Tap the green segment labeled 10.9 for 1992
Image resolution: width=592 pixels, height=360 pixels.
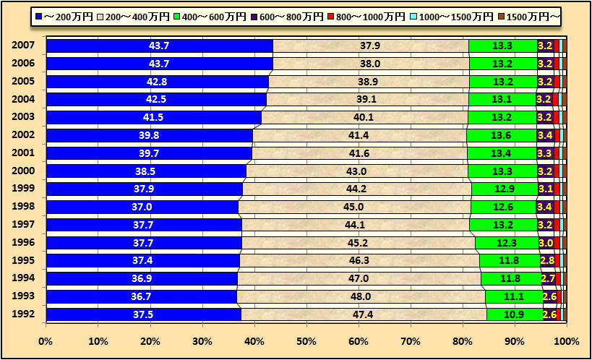pyautogui.click(x=514, y=314)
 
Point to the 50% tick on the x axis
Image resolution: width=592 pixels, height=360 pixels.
pyautogui.click(x=306, y=340)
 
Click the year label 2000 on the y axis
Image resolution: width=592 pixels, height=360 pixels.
pyautogui.click(x=22, y=171)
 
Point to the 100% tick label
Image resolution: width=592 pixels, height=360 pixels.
pyautogui.click(x=566, y=340)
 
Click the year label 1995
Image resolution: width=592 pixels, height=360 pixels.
pyautogui.click(x=22, y=261)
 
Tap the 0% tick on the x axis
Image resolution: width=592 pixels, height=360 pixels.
pyautogui.click(x=46, y=340)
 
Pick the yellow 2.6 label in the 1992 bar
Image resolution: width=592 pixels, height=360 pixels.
pyautogui.click(x=549, y=314)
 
